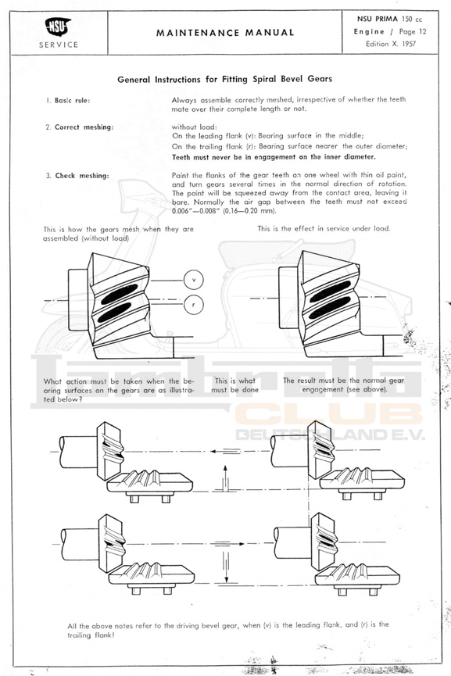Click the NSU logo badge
58,27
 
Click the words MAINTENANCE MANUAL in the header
225,33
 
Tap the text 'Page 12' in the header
413,31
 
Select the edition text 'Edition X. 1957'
391,44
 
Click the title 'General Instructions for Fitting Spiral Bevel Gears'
224,79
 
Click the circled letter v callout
193,280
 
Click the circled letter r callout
193,305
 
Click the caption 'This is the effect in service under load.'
324,228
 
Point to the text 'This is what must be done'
235,385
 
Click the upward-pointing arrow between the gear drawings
224,477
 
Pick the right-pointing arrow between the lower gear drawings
230,544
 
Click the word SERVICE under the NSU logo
59,45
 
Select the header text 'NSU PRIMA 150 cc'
390,19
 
